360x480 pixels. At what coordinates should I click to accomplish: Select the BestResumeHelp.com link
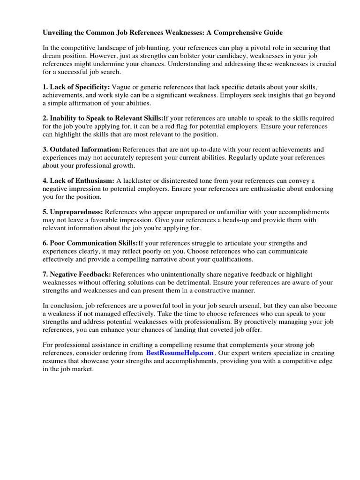180,353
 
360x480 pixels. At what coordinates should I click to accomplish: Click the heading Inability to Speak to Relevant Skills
103,118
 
